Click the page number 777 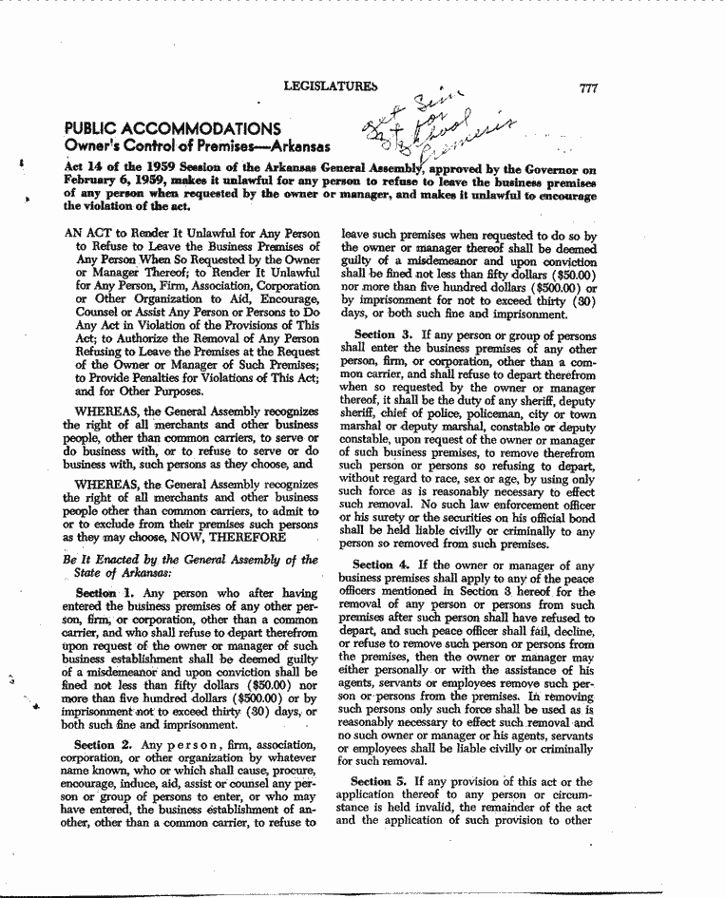pos(587,88)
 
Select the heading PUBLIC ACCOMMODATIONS pos(172,129)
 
